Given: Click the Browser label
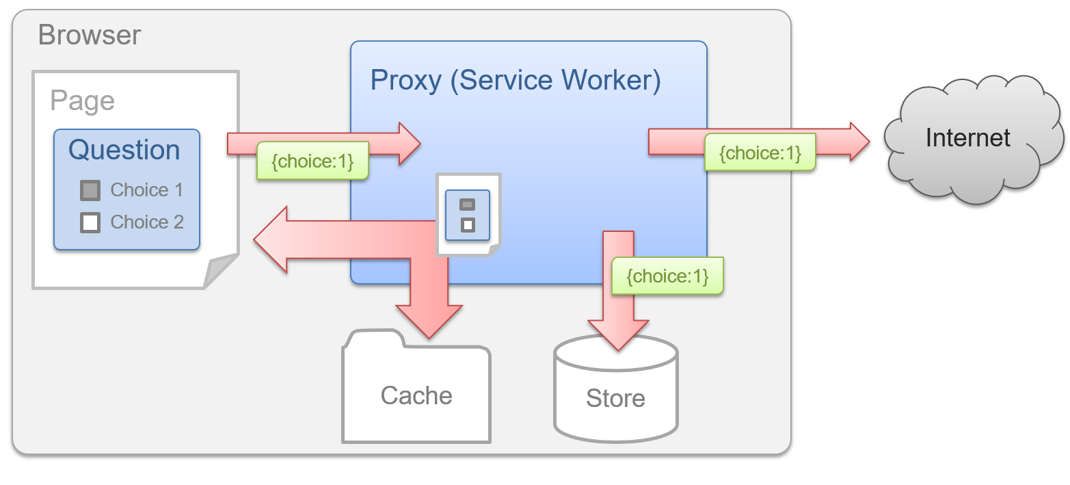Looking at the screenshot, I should [90, 34].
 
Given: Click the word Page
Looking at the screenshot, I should [82, 101].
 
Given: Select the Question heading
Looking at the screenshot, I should [124, 150].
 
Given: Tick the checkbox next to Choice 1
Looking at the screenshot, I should [90, 190].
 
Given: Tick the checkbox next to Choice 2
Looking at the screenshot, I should [90, 222].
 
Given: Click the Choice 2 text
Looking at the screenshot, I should [147, 222].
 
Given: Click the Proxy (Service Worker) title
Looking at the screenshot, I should [515, 80].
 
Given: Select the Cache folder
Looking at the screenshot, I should [416, 393].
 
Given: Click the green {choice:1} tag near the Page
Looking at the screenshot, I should [312, 161].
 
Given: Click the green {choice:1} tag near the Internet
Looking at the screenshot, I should [760, 152].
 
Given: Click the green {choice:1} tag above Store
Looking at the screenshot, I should [667, 276].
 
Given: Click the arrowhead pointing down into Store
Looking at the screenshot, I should [618, 335].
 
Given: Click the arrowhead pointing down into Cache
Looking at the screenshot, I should [429, 322].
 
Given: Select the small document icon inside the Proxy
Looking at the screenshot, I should [468, 215].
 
